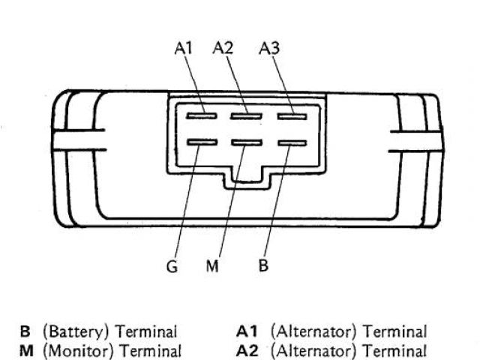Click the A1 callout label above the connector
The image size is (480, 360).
coord(184,49)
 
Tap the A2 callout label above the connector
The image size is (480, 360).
coord(223,49)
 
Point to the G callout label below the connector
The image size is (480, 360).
coord(172,267)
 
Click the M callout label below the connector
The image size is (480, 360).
coord(212,267)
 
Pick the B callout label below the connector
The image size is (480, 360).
coord(263,266)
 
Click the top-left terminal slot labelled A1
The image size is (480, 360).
coord(199,115)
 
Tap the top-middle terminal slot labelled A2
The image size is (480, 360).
coord(244,115)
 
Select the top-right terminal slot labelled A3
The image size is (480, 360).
coord(291,115)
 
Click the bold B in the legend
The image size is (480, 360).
coord(25,331)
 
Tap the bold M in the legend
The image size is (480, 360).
coord(25,349)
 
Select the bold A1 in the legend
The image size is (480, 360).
coord(247,331)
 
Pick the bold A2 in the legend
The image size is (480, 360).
coord(248,349)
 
